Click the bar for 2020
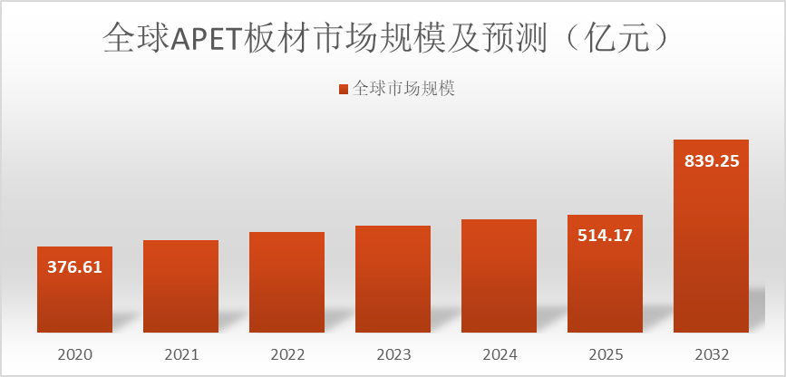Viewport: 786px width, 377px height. [x=74, y=299]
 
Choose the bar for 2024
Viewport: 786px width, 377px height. [x=499, y=276]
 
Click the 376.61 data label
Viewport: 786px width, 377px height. [x=74, y=267]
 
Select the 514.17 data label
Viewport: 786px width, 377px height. [x=605, y=236]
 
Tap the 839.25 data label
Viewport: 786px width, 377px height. [x=711, y=161]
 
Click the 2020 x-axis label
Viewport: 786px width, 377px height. [x=74, y=354]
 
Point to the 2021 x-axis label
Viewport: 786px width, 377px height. [x=180, y=354]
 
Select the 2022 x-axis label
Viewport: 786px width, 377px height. [x=286, y=354]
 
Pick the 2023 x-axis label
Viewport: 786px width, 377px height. [x=393, y=354]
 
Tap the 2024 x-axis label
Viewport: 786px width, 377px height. [x=499, y=354]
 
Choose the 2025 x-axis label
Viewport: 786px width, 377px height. [x=605, y=354]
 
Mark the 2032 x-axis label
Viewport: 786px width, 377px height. [x=711, y=354]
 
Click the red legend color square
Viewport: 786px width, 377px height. [x=344, y=89]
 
